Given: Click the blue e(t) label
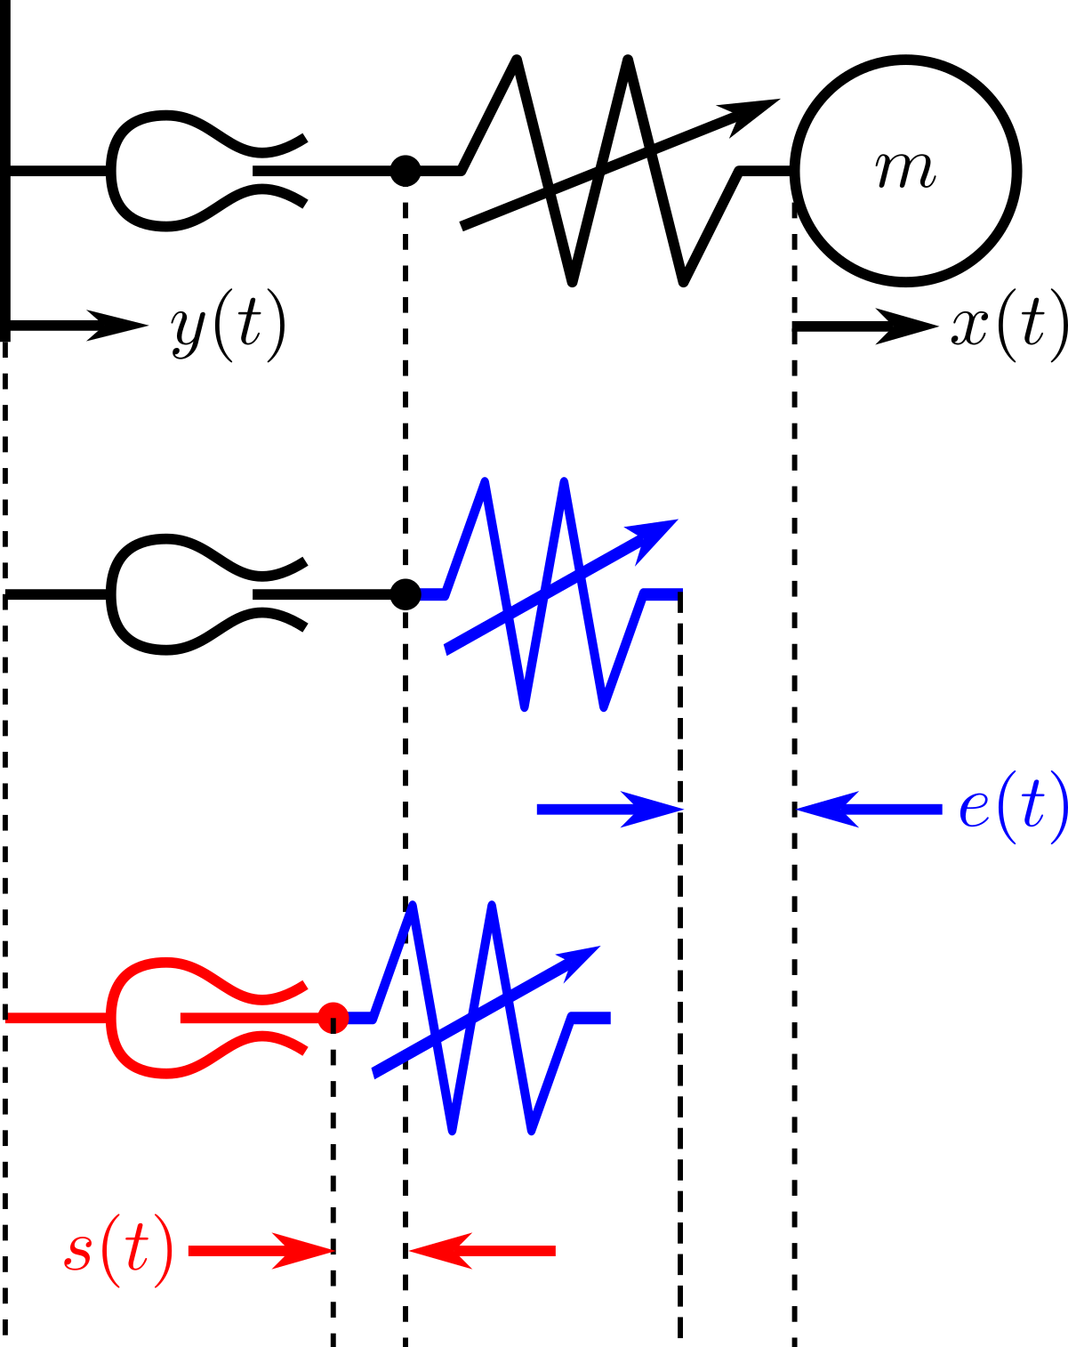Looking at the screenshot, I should (x=1012, y=808).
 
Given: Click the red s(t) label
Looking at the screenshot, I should (x=119, y=1251).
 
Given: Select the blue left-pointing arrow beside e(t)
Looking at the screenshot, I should (x=869, y=809).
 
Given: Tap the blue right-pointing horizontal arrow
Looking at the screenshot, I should (x=610, y=809).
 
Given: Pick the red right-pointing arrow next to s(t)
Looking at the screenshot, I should (x=261, y=1251).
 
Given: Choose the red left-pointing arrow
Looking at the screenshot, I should (x=482, y=1251).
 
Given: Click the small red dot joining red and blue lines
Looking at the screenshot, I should (x=333, y=1017).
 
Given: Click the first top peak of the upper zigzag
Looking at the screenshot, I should (x=484, y=483).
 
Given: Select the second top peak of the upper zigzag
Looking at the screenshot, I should (x=564, y=483).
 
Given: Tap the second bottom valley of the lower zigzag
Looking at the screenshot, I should (x=531, y=1130).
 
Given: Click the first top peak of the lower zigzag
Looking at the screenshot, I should (x=413, y=907).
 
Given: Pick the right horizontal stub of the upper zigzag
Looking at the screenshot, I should (x=663, y=593).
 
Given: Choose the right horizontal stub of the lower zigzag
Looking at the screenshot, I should (x=592, y=1018).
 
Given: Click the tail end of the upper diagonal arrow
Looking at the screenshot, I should (x=449, y=649).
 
